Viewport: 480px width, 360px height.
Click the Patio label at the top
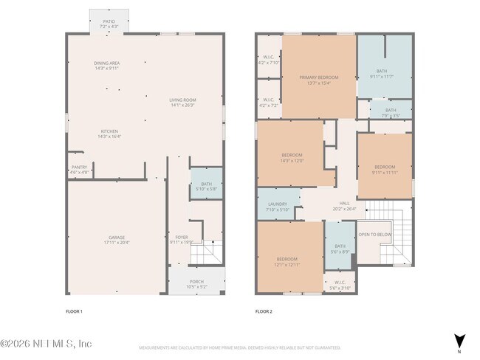click(109, 24)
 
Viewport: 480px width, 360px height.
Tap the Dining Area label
click(107, 66)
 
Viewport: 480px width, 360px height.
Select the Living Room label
click(182, 102)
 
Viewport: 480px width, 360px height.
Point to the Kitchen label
click(109, 134)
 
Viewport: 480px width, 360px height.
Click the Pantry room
click(79, 170)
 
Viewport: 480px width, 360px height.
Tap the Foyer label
click(181, 239)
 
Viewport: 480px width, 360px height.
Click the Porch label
click(196, 284)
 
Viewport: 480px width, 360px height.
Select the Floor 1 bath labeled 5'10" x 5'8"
click(206, 187)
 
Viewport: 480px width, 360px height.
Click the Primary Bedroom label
click(318, 80)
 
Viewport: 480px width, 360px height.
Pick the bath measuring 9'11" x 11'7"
click(385, 74)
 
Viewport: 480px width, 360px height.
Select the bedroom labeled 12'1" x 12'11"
click(287, 261)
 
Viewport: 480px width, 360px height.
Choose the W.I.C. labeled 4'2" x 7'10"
click(268, 60)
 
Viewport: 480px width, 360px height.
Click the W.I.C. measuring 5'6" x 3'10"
click(340, 284)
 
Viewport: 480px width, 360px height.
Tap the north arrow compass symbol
click(459, 340)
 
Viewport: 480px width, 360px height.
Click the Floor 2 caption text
click(264, 312)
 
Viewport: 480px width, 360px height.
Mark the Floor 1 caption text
click(74, 312)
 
